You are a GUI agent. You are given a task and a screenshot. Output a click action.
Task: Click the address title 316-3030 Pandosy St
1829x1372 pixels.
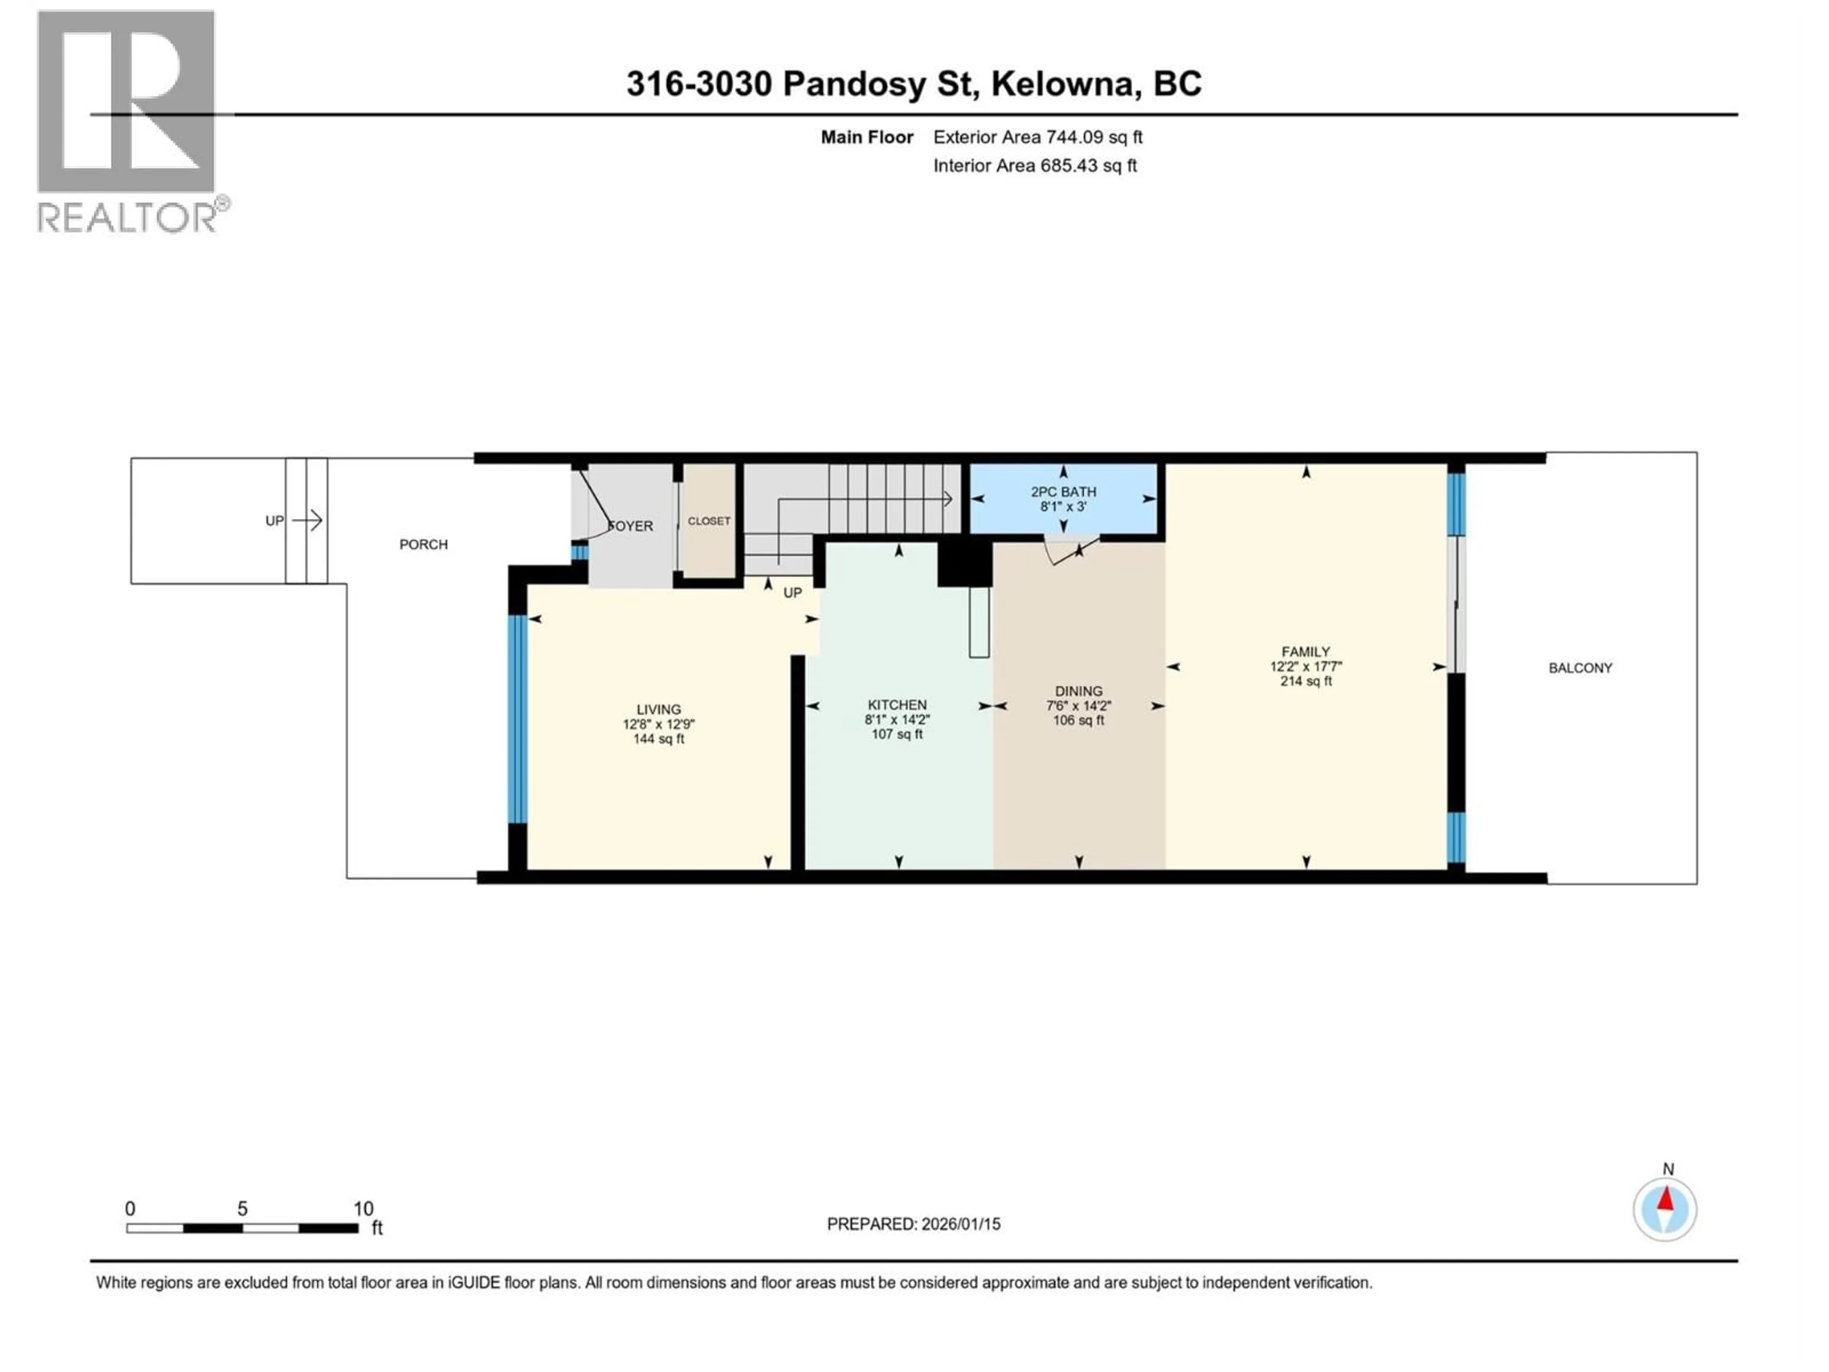click(913, 83)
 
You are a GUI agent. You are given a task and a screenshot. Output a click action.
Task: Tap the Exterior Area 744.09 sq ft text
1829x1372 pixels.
click(1038, 137)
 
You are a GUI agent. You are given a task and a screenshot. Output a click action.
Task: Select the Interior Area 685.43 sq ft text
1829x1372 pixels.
click(1035, 165)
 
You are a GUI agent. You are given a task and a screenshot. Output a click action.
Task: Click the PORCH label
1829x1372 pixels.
click(423, 544)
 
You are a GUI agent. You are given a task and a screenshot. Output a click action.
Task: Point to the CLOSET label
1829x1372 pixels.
click(709, 521)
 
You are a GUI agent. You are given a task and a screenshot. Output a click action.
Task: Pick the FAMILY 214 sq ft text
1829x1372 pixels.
click(1306, 681)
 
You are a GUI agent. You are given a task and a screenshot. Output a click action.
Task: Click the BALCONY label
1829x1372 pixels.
click(1580, 668)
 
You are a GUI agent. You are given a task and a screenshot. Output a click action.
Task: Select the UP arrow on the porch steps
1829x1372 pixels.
click(306, 520)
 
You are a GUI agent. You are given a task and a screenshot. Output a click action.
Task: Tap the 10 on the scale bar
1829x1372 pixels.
click(363, 1208)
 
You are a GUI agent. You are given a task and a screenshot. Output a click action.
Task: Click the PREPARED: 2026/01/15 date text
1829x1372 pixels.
click(913, 1224)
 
